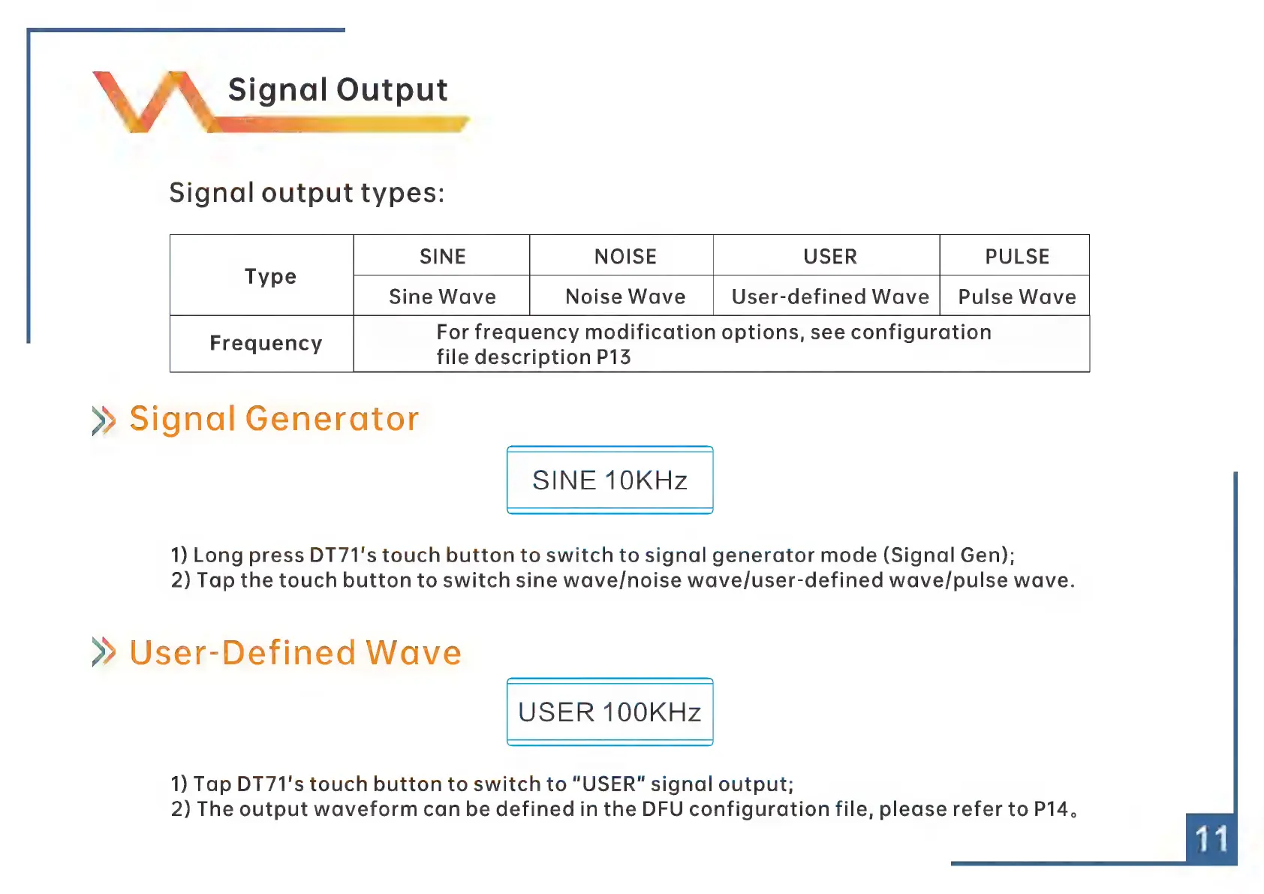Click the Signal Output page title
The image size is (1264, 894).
pos(338,90)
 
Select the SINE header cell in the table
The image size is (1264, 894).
pos(442,256)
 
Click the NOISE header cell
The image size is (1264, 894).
pos(625,256)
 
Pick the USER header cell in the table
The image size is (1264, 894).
pos(830,256)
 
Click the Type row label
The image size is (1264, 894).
pos(270,276)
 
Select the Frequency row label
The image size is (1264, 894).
pos(266,343)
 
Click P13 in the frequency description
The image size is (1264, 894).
pos(613,357)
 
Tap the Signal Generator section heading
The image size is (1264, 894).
pos(274,419)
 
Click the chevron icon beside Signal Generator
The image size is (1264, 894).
pos(104,420)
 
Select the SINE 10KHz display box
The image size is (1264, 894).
pos(610,480)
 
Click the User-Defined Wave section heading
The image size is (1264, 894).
pos(296,652)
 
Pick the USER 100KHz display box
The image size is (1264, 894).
pos(610,712)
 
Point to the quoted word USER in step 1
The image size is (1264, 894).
pos(609,784)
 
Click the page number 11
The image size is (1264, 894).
pos(1211,839)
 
